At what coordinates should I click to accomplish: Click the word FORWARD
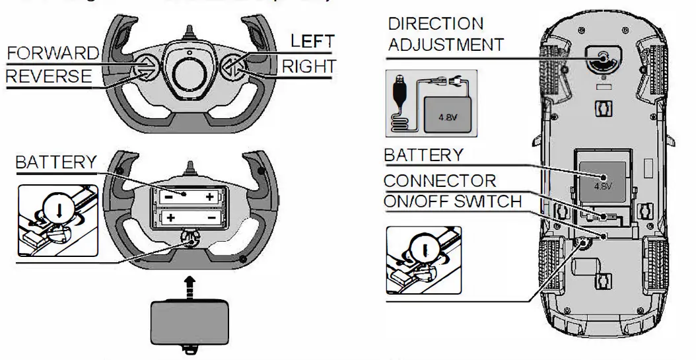pos(52,52)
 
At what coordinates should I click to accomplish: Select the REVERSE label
pos(49,77)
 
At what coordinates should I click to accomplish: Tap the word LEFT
pos(313,42)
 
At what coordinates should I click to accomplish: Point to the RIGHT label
pos(309,66)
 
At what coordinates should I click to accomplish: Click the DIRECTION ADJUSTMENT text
pos(445,34)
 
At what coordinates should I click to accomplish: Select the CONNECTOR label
pos(440,180)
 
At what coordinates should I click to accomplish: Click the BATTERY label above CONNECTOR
pos(424,155)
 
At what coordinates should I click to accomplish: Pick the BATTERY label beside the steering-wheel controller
pos(56,162)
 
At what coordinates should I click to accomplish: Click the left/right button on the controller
pos(232,65)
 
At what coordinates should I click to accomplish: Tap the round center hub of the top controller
pos(189,65)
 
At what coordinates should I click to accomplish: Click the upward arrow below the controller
pos(190,286)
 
